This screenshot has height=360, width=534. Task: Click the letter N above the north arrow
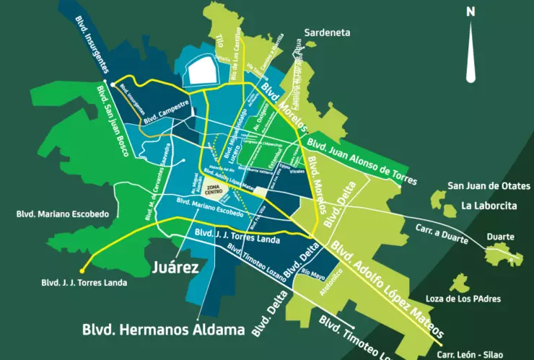[470, 11]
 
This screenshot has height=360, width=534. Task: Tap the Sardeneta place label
[328, 33]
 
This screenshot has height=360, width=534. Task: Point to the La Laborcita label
[489, 206]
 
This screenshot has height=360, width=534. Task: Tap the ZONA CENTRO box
[214, 190]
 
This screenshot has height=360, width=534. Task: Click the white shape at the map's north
[201, 70]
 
